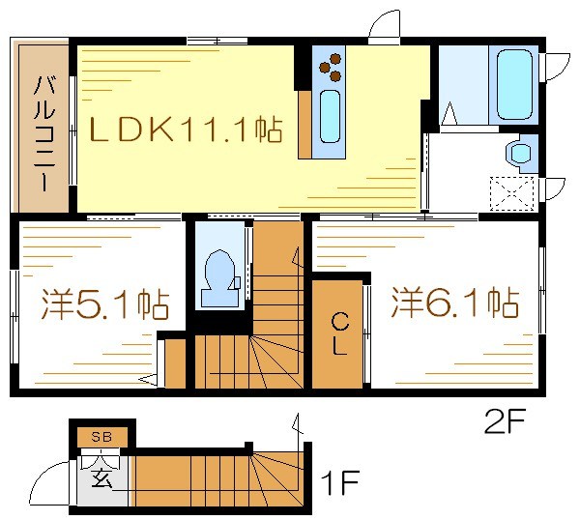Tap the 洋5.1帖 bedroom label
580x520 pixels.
click(105, 304)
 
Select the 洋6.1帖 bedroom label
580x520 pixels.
click(453, 303)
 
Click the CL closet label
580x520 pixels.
click(340, 333)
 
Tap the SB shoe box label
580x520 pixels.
click(101, 437)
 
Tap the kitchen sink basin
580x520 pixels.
click(330, 115)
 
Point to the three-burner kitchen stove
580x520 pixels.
click(331, 65)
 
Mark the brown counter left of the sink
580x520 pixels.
click(305, 124)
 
